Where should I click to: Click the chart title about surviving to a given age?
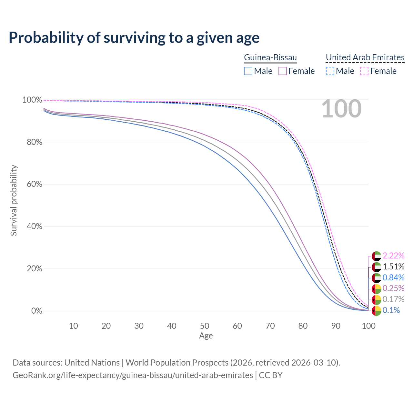click(x=134, y=38)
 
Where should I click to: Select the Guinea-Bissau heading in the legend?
click(x=270, y=57)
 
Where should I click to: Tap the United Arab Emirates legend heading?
click(x=365, y=57)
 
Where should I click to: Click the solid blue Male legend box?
click(x=248, y=71)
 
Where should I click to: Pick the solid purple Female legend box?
click(x=283, y=71)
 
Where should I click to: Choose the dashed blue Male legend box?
click(x=330, y=71)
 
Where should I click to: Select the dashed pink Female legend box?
click(x=364, y=71)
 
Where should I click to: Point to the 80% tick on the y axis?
click(x=32, y=142)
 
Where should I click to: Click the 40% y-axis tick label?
click(x=32, y=227)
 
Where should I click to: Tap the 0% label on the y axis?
click(x=36, y=311)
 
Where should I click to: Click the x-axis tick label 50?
click(x=205, y=326)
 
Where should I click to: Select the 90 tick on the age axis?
click(x=336, y=326)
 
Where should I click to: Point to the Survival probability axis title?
click(x=14, y=200)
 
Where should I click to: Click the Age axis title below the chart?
click(x=206, y=336)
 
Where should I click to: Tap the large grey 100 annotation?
click(x=341, y=109)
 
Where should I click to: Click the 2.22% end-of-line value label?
click(x=393, y=256)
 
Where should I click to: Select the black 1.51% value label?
click(x=393, y=267)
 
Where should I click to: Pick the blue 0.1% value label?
click(x=391, y=310)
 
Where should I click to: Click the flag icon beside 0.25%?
click(x=377, y=289)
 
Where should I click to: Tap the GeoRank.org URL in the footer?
click(x=133, y=375)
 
